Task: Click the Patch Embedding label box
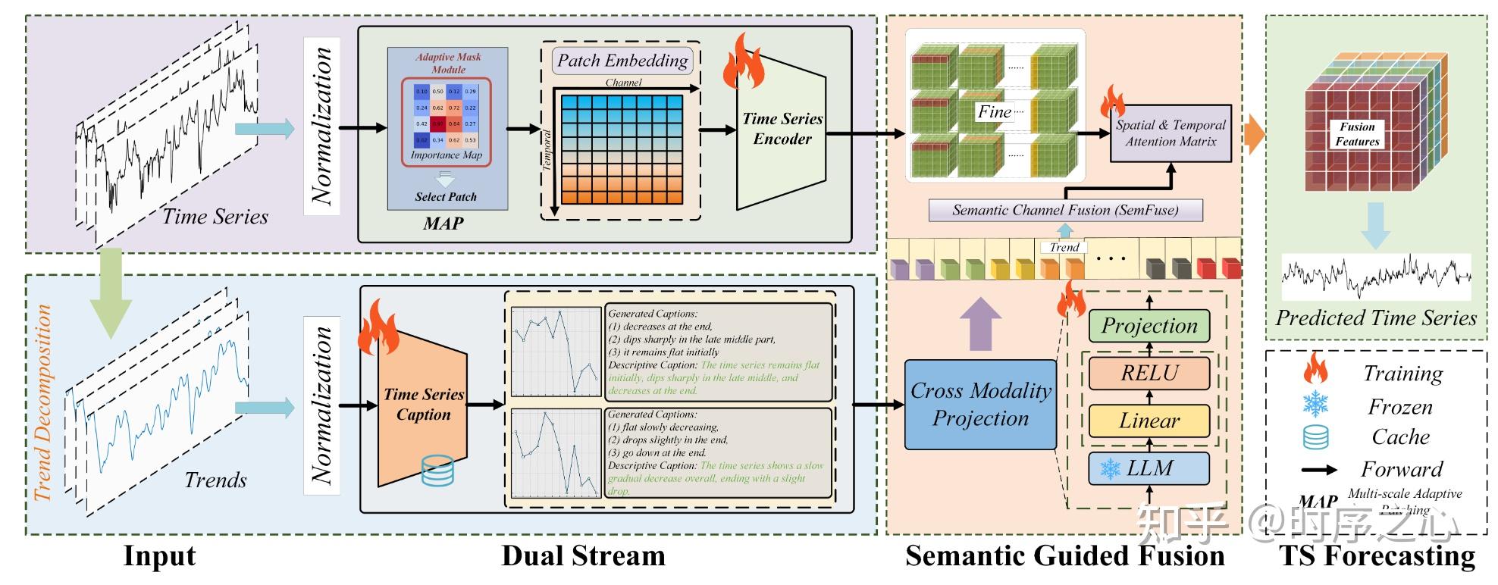tap(622, 61)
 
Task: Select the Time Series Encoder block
tap(782, 130)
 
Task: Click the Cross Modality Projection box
tap(980, 405)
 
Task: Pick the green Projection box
tap(1149, 326)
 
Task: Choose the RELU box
tap(1149, 373)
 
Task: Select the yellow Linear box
tap(1149, 421)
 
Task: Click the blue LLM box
tap(1149, 468)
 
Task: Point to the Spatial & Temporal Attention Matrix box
tap(1170, 133)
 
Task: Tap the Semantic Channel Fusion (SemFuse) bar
tap(1065, 210)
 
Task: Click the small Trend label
tap(1064, 247)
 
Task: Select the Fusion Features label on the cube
tap(1356, 134)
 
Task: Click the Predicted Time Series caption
tap(1375, 318)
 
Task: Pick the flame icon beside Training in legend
tap(1315, 370)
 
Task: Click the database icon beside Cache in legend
tap(1315, 437)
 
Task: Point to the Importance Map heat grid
tap(446, 116)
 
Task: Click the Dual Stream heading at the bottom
tap(583, 556)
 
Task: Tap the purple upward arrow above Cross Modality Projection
tap(980, 324)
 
